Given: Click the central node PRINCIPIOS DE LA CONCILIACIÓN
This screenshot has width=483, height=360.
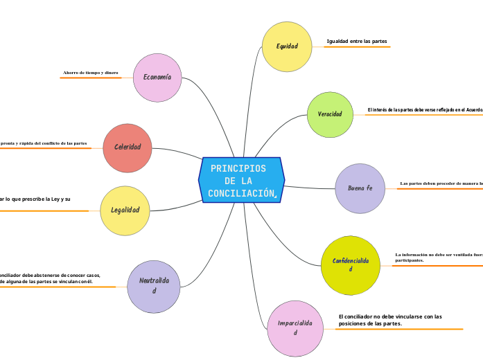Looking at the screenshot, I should point(241,180).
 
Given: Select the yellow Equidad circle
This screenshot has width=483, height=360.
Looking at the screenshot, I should point(287,46).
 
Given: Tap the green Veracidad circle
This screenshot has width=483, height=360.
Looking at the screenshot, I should point(330,114).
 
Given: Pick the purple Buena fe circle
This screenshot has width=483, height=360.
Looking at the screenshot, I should point(360,188).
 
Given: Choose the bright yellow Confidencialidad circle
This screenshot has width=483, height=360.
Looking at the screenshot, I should point(351,264).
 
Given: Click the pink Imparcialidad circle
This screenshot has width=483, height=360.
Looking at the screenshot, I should point(295,328).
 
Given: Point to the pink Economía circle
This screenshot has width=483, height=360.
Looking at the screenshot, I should point(157,77).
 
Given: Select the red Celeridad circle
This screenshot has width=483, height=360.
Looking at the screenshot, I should point(128,147).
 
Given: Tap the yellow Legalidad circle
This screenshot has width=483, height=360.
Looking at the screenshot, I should point(125,210).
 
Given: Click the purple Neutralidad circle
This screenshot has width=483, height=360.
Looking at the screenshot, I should point(154,285).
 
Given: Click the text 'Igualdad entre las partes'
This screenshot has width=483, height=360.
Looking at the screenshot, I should point(357,42).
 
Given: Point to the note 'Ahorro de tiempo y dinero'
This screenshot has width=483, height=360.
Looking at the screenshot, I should point(91,72).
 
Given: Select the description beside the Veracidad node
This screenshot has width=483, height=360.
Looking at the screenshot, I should point(425,109).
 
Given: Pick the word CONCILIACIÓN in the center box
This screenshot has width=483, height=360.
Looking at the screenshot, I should point(241,192).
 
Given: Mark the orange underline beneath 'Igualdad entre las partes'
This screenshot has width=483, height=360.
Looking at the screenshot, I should point(357,48).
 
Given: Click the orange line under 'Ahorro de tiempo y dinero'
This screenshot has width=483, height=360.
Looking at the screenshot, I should point(91,78).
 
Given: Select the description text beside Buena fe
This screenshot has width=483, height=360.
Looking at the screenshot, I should point(441,183).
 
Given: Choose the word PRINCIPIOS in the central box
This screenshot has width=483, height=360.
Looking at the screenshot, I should point(238,168).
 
